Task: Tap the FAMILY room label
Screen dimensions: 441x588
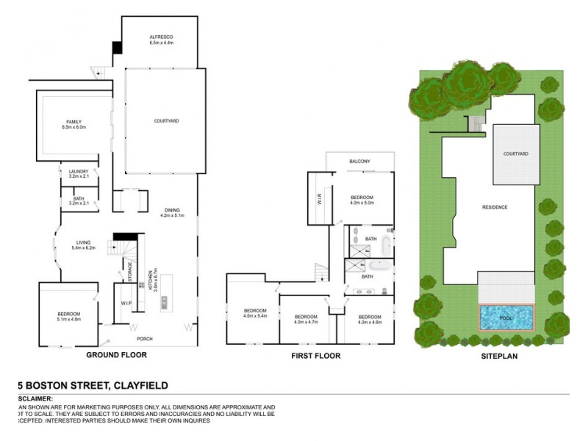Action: [73, 122]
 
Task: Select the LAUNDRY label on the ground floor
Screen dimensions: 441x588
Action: [79, 172]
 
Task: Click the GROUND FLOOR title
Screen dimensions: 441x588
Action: [117, 355]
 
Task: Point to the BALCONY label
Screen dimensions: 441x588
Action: [359, 161]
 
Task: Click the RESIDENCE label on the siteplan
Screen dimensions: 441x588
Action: [494, 207]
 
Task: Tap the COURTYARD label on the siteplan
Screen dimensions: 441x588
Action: [515, 154]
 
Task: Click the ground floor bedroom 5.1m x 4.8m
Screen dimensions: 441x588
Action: [68, 317]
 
